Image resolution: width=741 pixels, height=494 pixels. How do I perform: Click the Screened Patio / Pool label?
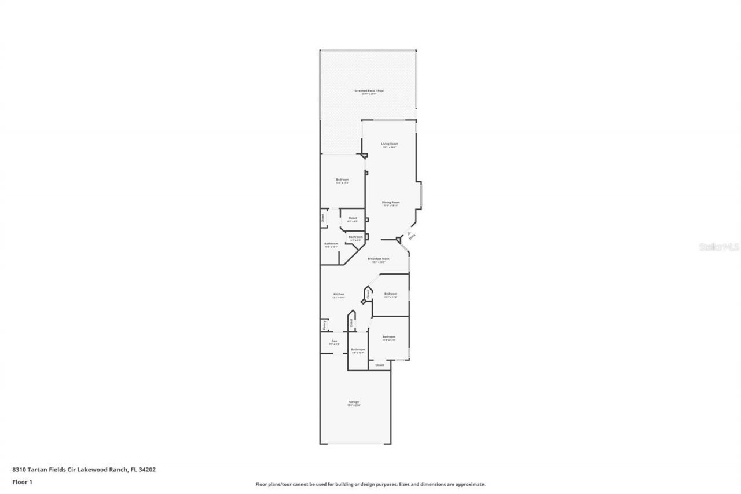[369, 91]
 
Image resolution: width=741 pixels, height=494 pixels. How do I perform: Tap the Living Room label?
[389, 144]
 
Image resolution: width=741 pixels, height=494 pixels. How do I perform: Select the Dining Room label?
[391, 202]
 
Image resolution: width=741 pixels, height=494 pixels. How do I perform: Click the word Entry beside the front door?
[412, 236]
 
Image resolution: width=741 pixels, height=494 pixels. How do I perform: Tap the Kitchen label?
[339, 294]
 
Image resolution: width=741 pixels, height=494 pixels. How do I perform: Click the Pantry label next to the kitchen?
[324, 326]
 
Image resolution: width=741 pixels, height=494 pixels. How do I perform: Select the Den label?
[334, 341]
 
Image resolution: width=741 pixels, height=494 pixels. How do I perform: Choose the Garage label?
[354, 402]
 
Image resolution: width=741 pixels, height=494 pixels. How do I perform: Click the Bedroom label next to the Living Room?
[342, 180]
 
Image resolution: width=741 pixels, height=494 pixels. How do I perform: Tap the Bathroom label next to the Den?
[358, 349]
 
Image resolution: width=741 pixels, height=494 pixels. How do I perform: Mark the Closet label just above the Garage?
[380, 365]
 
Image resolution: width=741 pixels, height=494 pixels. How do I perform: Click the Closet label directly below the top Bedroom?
[353, 218]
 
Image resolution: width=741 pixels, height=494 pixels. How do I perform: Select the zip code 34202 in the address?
[148, 470]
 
